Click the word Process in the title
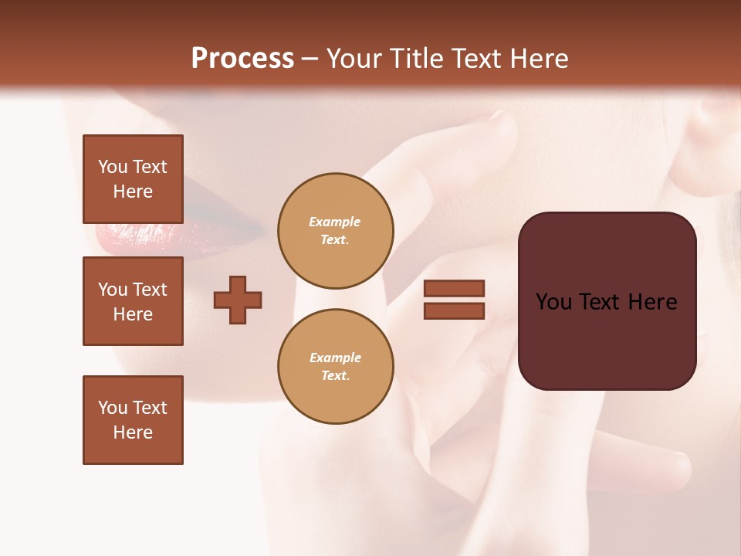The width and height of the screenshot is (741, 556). pos(242,59)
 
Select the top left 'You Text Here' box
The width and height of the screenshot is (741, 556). pos(133,179)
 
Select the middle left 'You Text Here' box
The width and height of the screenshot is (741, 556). pos(133,301)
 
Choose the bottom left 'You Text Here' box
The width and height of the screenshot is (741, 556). pos(133,420)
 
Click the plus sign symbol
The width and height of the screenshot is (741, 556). pos(238,300)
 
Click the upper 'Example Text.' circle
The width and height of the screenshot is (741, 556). pos(335,231)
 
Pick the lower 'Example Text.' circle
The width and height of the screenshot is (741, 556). pos(335,367)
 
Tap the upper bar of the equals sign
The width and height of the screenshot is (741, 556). pos(454,288)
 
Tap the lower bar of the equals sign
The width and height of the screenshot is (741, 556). pos(454,310)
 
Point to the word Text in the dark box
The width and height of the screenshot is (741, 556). pos(606,302)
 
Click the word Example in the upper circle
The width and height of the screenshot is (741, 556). pos(335,222)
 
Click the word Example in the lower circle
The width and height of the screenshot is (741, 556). pos(335,358)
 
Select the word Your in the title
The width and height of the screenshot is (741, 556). pos(354,59)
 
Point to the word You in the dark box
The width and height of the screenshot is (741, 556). pos(554,302)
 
